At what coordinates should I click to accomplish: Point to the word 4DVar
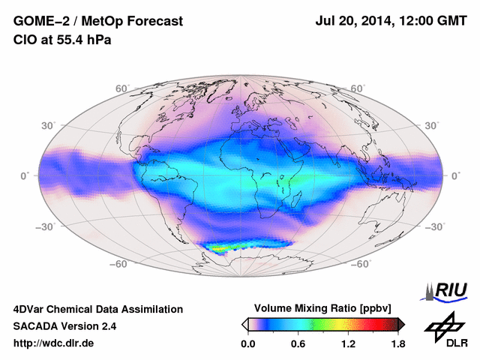(x=31, y=309)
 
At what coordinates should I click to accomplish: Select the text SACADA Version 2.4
(x=64, y=326)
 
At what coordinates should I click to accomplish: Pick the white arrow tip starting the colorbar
(x=244, y=323)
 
